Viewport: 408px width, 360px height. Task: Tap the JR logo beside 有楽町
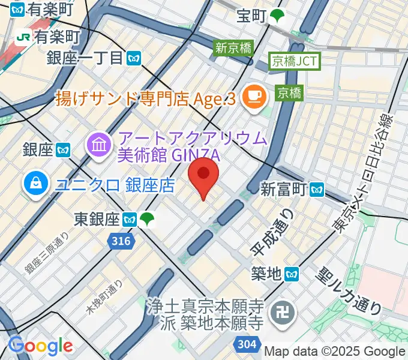pyautogui.click(x=25, y=37)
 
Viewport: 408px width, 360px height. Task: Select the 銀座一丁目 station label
pyautogui.click(x=93, y=58)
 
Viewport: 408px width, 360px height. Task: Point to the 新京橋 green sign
pyautogui.click(x=234, y=48)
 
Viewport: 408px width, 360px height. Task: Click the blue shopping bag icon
pyautogui.click(x=37, y=184)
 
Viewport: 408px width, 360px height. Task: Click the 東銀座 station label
pyautogui.click(x=98, y=219)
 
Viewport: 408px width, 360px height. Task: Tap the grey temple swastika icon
pyautogui.click(x=280, y=312)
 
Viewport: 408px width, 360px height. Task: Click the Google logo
pyautogui.click(x=40, y=346)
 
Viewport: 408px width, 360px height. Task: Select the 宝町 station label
pyautogui.click(x=251, y=16)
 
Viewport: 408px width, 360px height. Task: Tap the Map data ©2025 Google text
pyautogui.click(x=335, y=352)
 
